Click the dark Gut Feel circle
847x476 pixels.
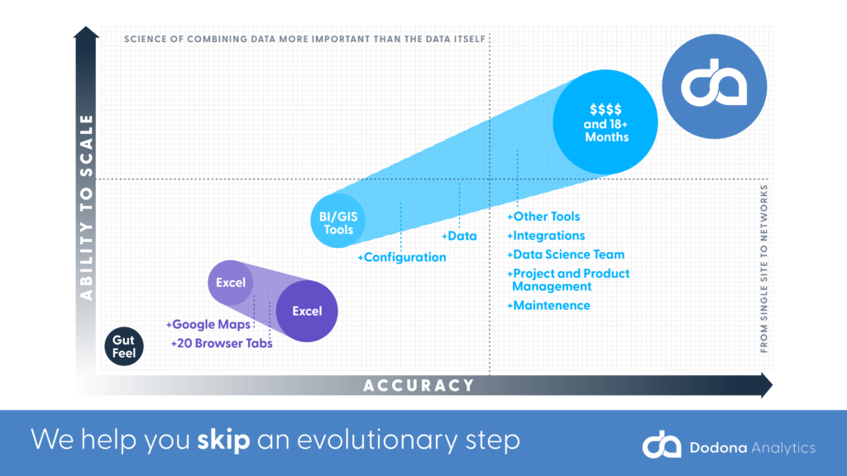point(124,346)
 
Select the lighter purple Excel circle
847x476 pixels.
point(231,283)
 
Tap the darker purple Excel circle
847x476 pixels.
point(307,311)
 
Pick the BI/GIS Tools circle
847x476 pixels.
point(338,221)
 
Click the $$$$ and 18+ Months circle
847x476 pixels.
point(605,122)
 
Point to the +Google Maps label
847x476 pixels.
point(208,324)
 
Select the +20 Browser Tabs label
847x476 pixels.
point(222,343)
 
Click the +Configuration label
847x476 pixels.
point(402,258)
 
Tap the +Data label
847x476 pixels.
point(459,236)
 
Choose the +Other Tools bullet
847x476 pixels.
point(543,217)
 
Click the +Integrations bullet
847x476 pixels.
point(546,236)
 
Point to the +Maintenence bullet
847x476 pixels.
point(548,306)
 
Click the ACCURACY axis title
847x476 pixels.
point(419,385)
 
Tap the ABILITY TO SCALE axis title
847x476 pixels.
point(86,207)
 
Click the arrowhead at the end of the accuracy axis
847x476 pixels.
point(767,385)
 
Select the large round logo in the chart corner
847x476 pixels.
point(714,86)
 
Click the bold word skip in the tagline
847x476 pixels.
point(223,440)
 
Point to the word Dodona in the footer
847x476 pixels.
point(719,448)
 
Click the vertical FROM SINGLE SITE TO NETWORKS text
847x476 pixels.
point(763,269)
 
